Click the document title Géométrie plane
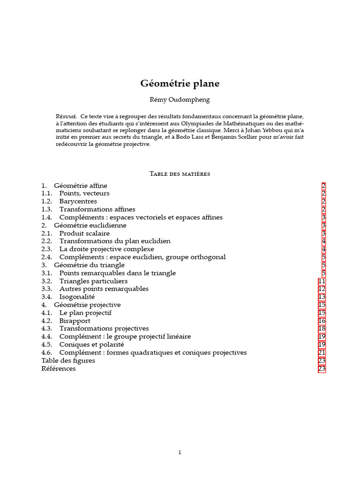pyautogui.click(x=180, y=83)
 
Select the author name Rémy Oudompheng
pyautogui.click(x=180, y=99)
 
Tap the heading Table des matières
pyautogui.click(x=180, y=174)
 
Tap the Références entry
pyautogui.click(x=59, y=368)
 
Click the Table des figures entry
pyautogui.click(x=68, y=360)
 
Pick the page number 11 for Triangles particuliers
pyautogui.click(x=322, y=281)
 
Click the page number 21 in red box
pyautogui.click(x=322, y=352)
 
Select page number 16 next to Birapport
pyautogui.click(x=322, y=321)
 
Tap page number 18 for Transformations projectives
pyautogui.click(x=322, y=329)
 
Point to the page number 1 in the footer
pyautogui.click(x=180, y=452)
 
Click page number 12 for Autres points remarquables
pyautogui.click(x=322, y=289)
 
